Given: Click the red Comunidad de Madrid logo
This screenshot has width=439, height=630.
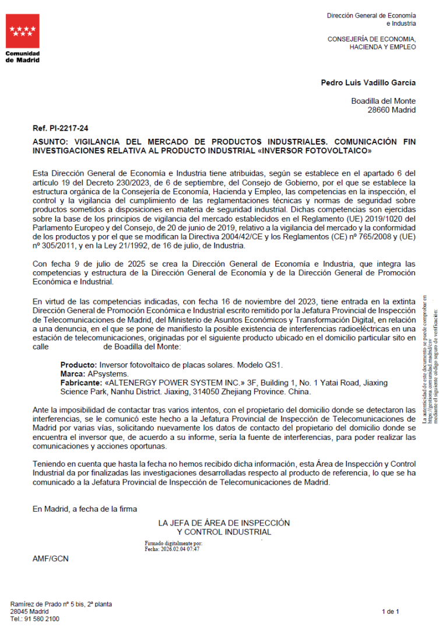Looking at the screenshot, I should (23, 32).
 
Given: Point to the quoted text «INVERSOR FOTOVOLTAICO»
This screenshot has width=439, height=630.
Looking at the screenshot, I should (320, 150).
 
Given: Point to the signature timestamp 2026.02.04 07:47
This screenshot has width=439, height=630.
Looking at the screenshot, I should (181, 549).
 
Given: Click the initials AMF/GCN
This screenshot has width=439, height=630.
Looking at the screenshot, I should (50, 559).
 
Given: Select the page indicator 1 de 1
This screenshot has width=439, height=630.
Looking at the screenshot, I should (390, 611).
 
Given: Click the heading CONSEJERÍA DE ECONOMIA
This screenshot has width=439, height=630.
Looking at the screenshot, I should (372, 39).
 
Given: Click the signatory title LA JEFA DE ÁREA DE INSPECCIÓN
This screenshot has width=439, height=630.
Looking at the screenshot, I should (224, 523).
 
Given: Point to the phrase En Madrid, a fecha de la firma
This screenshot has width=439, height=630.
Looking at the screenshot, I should (85, 509).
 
